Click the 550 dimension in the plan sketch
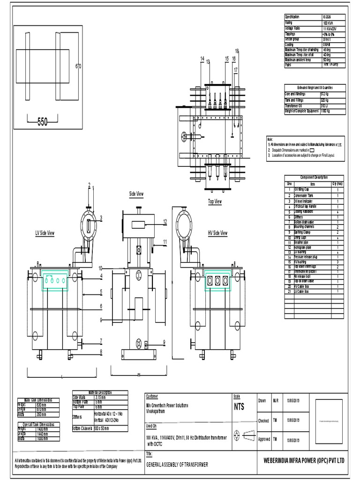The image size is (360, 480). click(x=42, y=122)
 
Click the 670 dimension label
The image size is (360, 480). click(x=78, y=66)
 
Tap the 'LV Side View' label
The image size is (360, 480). click(x=45, y=233)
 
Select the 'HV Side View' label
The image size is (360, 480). click(x=217, y=233)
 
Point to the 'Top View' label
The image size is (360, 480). click(x=215, y=202)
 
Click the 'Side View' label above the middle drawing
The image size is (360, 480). click(x=136, y=194)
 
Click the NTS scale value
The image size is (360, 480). click(x=239, y=407)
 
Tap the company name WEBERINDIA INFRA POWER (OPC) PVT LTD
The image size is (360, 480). click(x=304, y=461)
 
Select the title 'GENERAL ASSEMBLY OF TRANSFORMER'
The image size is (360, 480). click(x=177, y=464)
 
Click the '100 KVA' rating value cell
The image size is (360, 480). click(x=328, y=22)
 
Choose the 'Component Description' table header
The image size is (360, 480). click(x=314, y=177)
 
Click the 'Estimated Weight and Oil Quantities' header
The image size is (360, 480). click(x=315, y=87)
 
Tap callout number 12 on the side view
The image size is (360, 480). click(x=165, y=221)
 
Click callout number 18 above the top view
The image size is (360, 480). click(x=237, y=51)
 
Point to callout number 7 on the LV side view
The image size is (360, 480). click(x=101, y=340)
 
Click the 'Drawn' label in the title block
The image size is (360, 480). click(x=262, y=401)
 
